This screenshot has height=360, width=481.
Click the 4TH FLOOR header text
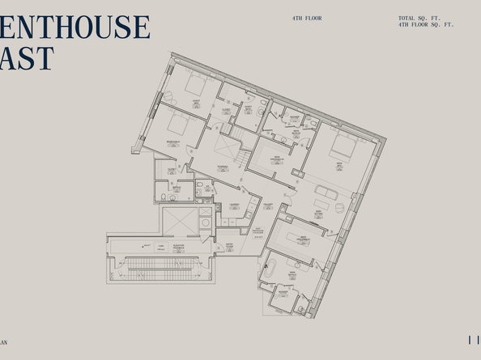307,18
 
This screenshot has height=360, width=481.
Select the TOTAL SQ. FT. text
417,18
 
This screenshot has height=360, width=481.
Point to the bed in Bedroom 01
175,122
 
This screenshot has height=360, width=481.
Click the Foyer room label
222,168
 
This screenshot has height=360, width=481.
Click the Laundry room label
234,205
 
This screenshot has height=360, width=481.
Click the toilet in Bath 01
164,197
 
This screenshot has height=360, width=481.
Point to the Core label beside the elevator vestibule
160,247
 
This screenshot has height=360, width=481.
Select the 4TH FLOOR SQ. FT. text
426,25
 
